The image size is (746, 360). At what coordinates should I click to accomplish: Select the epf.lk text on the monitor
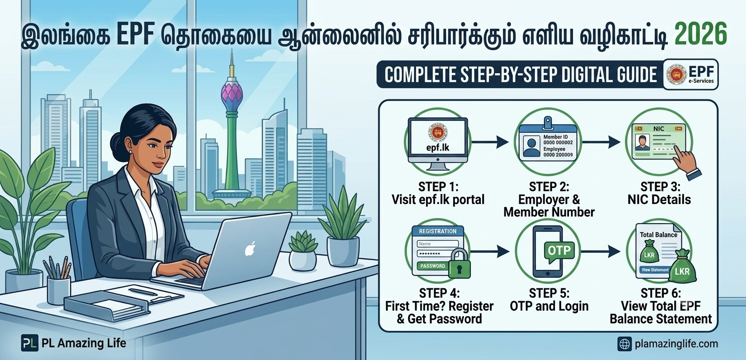pos(438,147)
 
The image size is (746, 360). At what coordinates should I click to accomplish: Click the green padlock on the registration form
pos(460,264)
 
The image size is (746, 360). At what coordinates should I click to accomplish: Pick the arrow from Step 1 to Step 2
pos(490,142)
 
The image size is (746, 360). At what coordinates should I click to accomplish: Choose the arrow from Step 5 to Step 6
pos(601,251)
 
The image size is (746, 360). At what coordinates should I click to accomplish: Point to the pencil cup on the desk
pos(59,289)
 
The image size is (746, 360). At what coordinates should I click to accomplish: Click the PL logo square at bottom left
pos(30,343)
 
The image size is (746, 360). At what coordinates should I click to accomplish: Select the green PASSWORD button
pos(433,266)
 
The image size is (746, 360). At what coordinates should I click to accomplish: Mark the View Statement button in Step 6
pos(655,270)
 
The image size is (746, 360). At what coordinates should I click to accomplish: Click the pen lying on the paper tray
pos(143,292)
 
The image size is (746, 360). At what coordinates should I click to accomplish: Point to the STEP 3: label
pos(660,187)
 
